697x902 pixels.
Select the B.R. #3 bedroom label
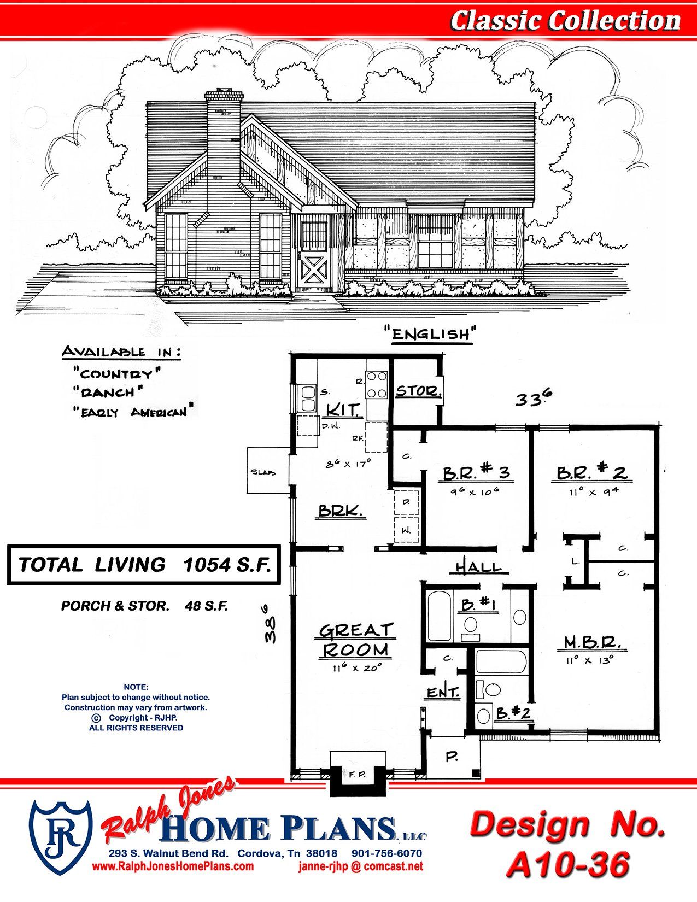click(476, 473)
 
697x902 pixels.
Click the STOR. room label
click(417, 391)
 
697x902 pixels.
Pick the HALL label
click(479, 567)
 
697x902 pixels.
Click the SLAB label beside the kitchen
click(263, 472)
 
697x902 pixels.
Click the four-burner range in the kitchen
click(377, 385)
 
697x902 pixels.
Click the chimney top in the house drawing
click(224, 95)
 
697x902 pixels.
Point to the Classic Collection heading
click(565, 21)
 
